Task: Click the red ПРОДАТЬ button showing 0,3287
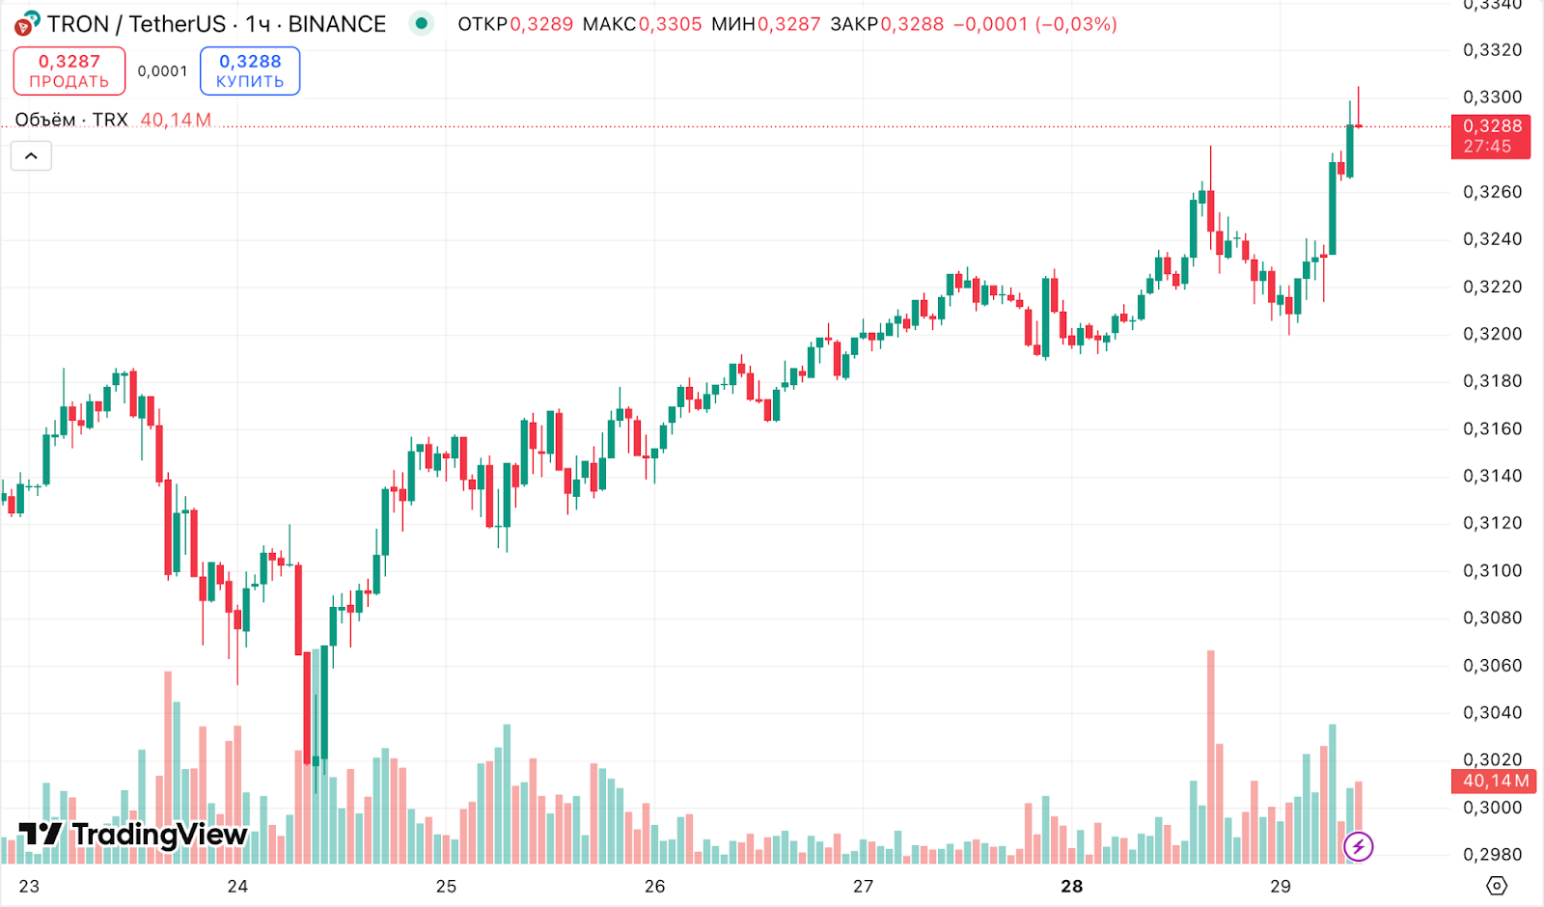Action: click(69, 70)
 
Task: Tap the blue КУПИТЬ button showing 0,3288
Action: click(250, 70)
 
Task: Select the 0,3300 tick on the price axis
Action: click(1492, 96)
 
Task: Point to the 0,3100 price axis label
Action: click(1492, 570)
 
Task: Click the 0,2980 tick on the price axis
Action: click(1492, 855)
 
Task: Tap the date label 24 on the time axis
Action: click(237, 886)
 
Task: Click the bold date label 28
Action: click(1071, 886)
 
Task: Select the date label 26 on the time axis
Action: click(654, 886)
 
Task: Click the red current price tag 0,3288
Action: click(1491, 136)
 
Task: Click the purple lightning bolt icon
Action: click(1358, 847)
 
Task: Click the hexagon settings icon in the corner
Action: click(1496, 885)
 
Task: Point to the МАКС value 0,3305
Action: click(670, 24)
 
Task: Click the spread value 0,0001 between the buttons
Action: click(162, 71)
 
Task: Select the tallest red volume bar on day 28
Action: click(1210, 753)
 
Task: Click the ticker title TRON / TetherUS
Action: click(136, 24)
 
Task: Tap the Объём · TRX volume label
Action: click(71, 120)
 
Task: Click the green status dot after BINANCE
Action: click(421, 23)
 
